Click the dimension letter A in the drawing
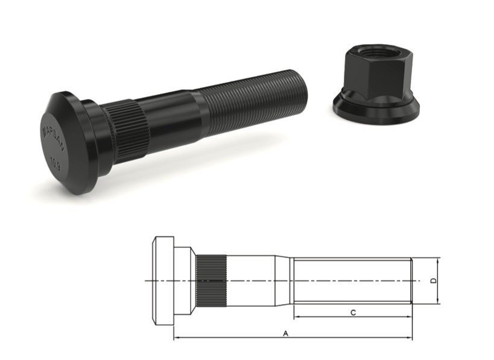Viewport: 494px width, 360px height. tap(285, 332)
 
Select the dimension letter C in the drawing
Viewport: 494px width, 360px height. tap(353, 312)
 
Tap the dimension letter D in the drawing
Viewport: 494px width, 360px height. tap(432, 281)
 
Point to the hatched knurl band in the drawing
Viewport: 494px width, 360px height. tap(211, 280)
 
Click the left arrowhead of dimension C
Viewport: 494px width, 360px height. tap(296, 317)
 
